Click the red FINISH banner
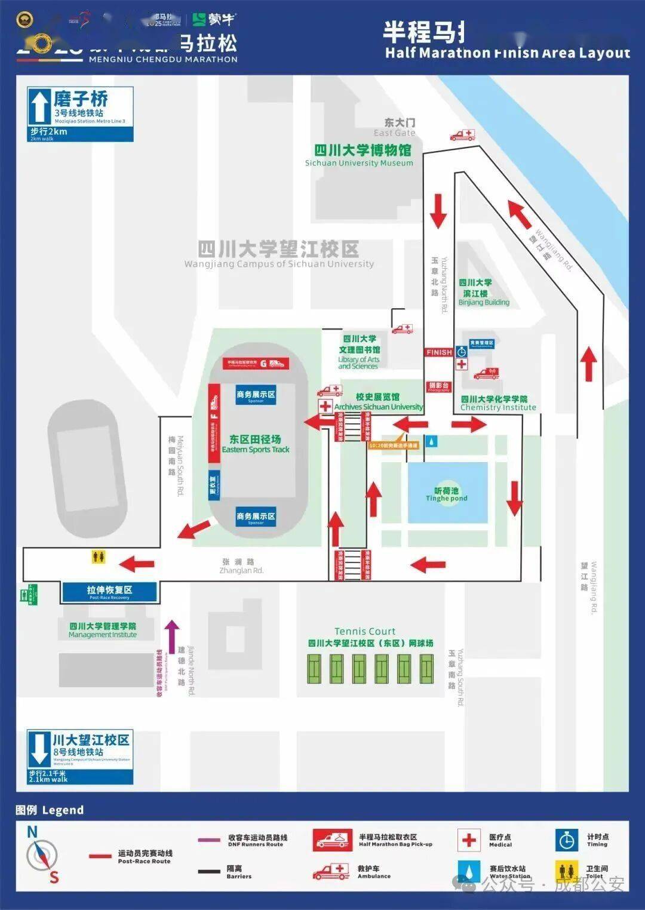(x=439, y=352)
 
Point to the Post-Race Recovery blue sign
(x=109, y=591)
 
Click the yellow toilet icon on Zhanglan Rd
(x=99, y=557)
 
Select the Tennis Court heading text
(x=364, y=631)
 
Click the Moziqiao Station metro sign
(x=80, y=114)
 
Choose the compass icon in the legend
(x=42, y=855)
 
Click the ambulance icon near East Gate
(x=463, y=135)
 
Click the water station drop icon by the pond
(x=432, y=441)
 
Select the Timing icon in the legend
(x=566, y=840)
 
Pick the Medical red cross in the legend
(x=469, y=840)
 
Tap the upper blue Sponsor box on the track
(x=256, y=395)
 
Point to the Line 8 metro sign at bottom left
(x=80, y=757)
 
